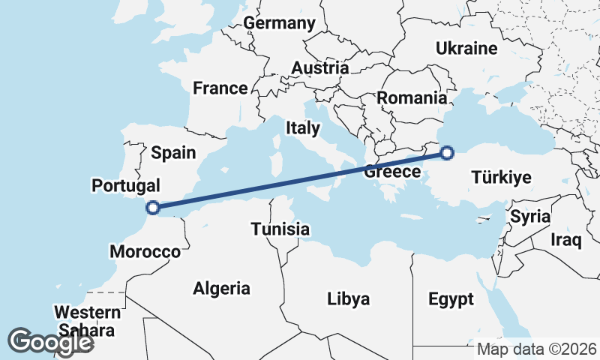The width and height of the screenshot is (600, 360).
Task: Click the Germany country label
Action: (279, 23)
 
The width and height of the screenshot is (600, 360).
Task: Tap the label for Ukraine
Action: (467, 49)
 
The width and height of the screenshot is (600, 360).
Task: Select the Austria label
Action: (319, 68)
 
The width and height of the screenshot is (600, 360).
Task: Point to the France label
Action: (220, 88)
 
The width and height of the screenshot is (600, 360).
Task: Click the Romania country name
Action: (412, 97)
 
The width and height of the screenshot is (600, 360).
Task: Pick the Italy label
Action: (303, 128)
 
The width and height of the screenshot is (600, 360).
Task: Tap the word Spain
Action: (173, 153)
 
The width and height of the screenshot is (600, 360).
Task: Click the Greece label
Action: (391, 172)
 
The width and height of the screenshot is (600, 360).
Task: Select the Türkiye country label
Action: (502, 178)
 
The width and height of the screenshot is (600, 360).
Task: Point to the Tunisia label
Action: (280, 229)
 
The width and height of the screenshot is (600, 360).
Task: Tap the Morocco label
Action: (145, 251)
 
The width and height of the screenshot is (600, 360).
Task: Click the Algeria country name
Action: (222, 288)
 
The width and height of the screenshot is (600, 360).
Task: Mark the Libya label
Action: (349, 299)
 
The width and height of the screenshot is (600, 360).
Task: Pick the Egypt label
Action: (451, 300)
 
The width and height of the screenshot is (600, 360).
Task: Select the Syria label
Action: (530, 217)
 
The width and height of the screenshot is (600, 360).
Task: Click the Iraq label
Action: (565, 240)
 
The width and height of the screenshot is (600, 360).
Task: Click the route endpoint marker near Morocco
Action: (153, 208)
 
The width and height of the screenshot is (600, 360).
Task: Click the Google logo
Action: (49, 342)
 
